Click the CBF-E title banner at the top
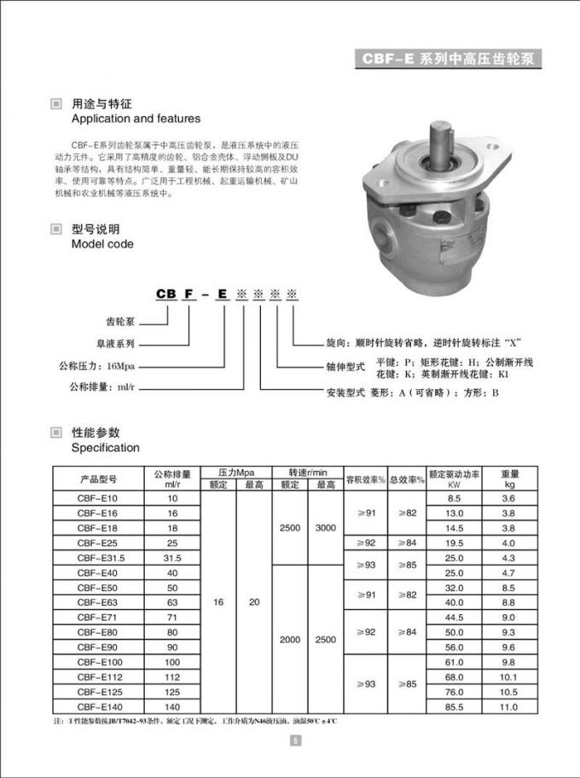pyautogui.click(x=448, y=60)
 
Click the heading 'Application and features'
pyautogui.click(x=136, y=119)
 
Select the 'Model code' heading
pyautogui.click(x=102, y=244)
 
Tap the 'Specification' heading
pyautogui.click(x=105, y=447)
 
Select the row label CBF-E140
pyautogui.click(x=99, y=706)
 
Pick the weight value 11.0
pyautogui.click(x=508, y=706)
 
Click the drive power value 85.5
pyautogui.click(x=454, y=706)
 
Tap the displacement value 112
pyautogui.click(x=173, y=676)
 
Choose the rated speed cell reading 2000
pyautogui.click(x=290, y=638)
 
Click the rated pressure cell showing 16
pyautogui.click(x=218, y=601)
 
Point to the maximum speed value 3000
pyautogui.click(x=326, y=528)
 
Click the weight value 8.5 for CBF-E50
pyautogui.click(x=508, y=587)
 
